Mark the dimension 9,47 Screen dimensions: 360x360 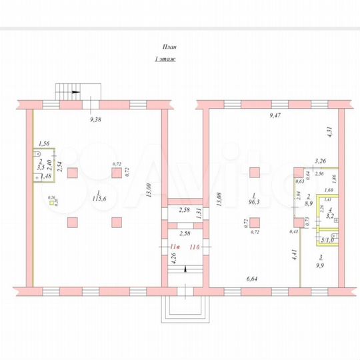point(275,116)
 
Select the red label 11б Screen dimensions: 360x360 point(195,247)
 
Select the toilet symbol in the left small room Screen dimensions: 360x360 point(33,153)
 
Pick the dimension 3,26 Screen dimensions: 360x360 point(321,161)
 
